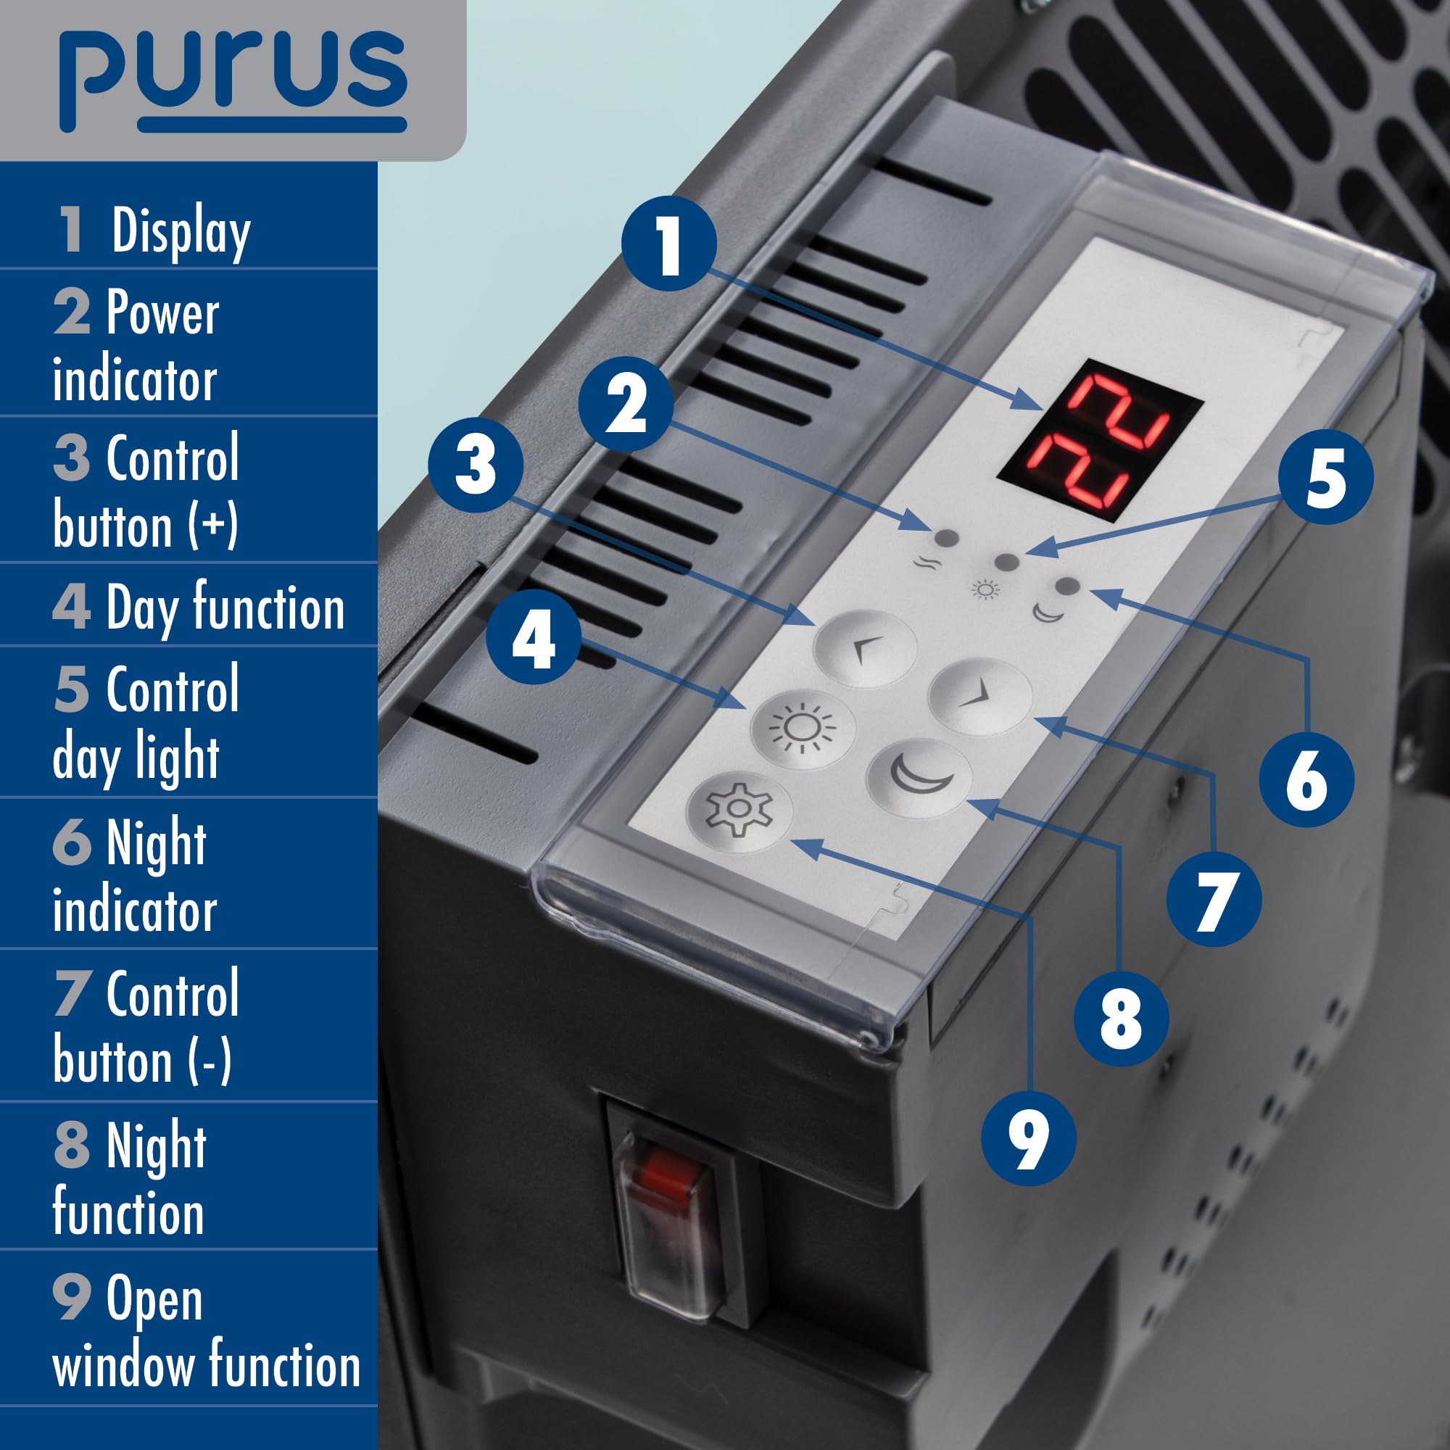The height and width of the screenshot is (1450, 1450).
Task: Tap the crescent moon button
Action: (x=919, y=776)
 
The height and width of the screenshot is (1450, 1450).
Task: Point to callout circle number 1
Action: (x=668, y=244)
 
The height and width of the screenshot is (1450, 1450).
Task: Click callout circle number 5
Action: (x=1325, y=476)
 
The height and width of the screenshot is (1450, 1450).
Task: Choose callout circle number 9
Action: (x=1027, y=1139)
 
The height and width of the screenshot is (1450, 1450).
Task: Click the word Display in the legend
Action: (x=181, y=231)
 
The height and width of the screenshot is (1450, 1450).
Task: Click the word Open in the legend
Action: (x=154, y=1298)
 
